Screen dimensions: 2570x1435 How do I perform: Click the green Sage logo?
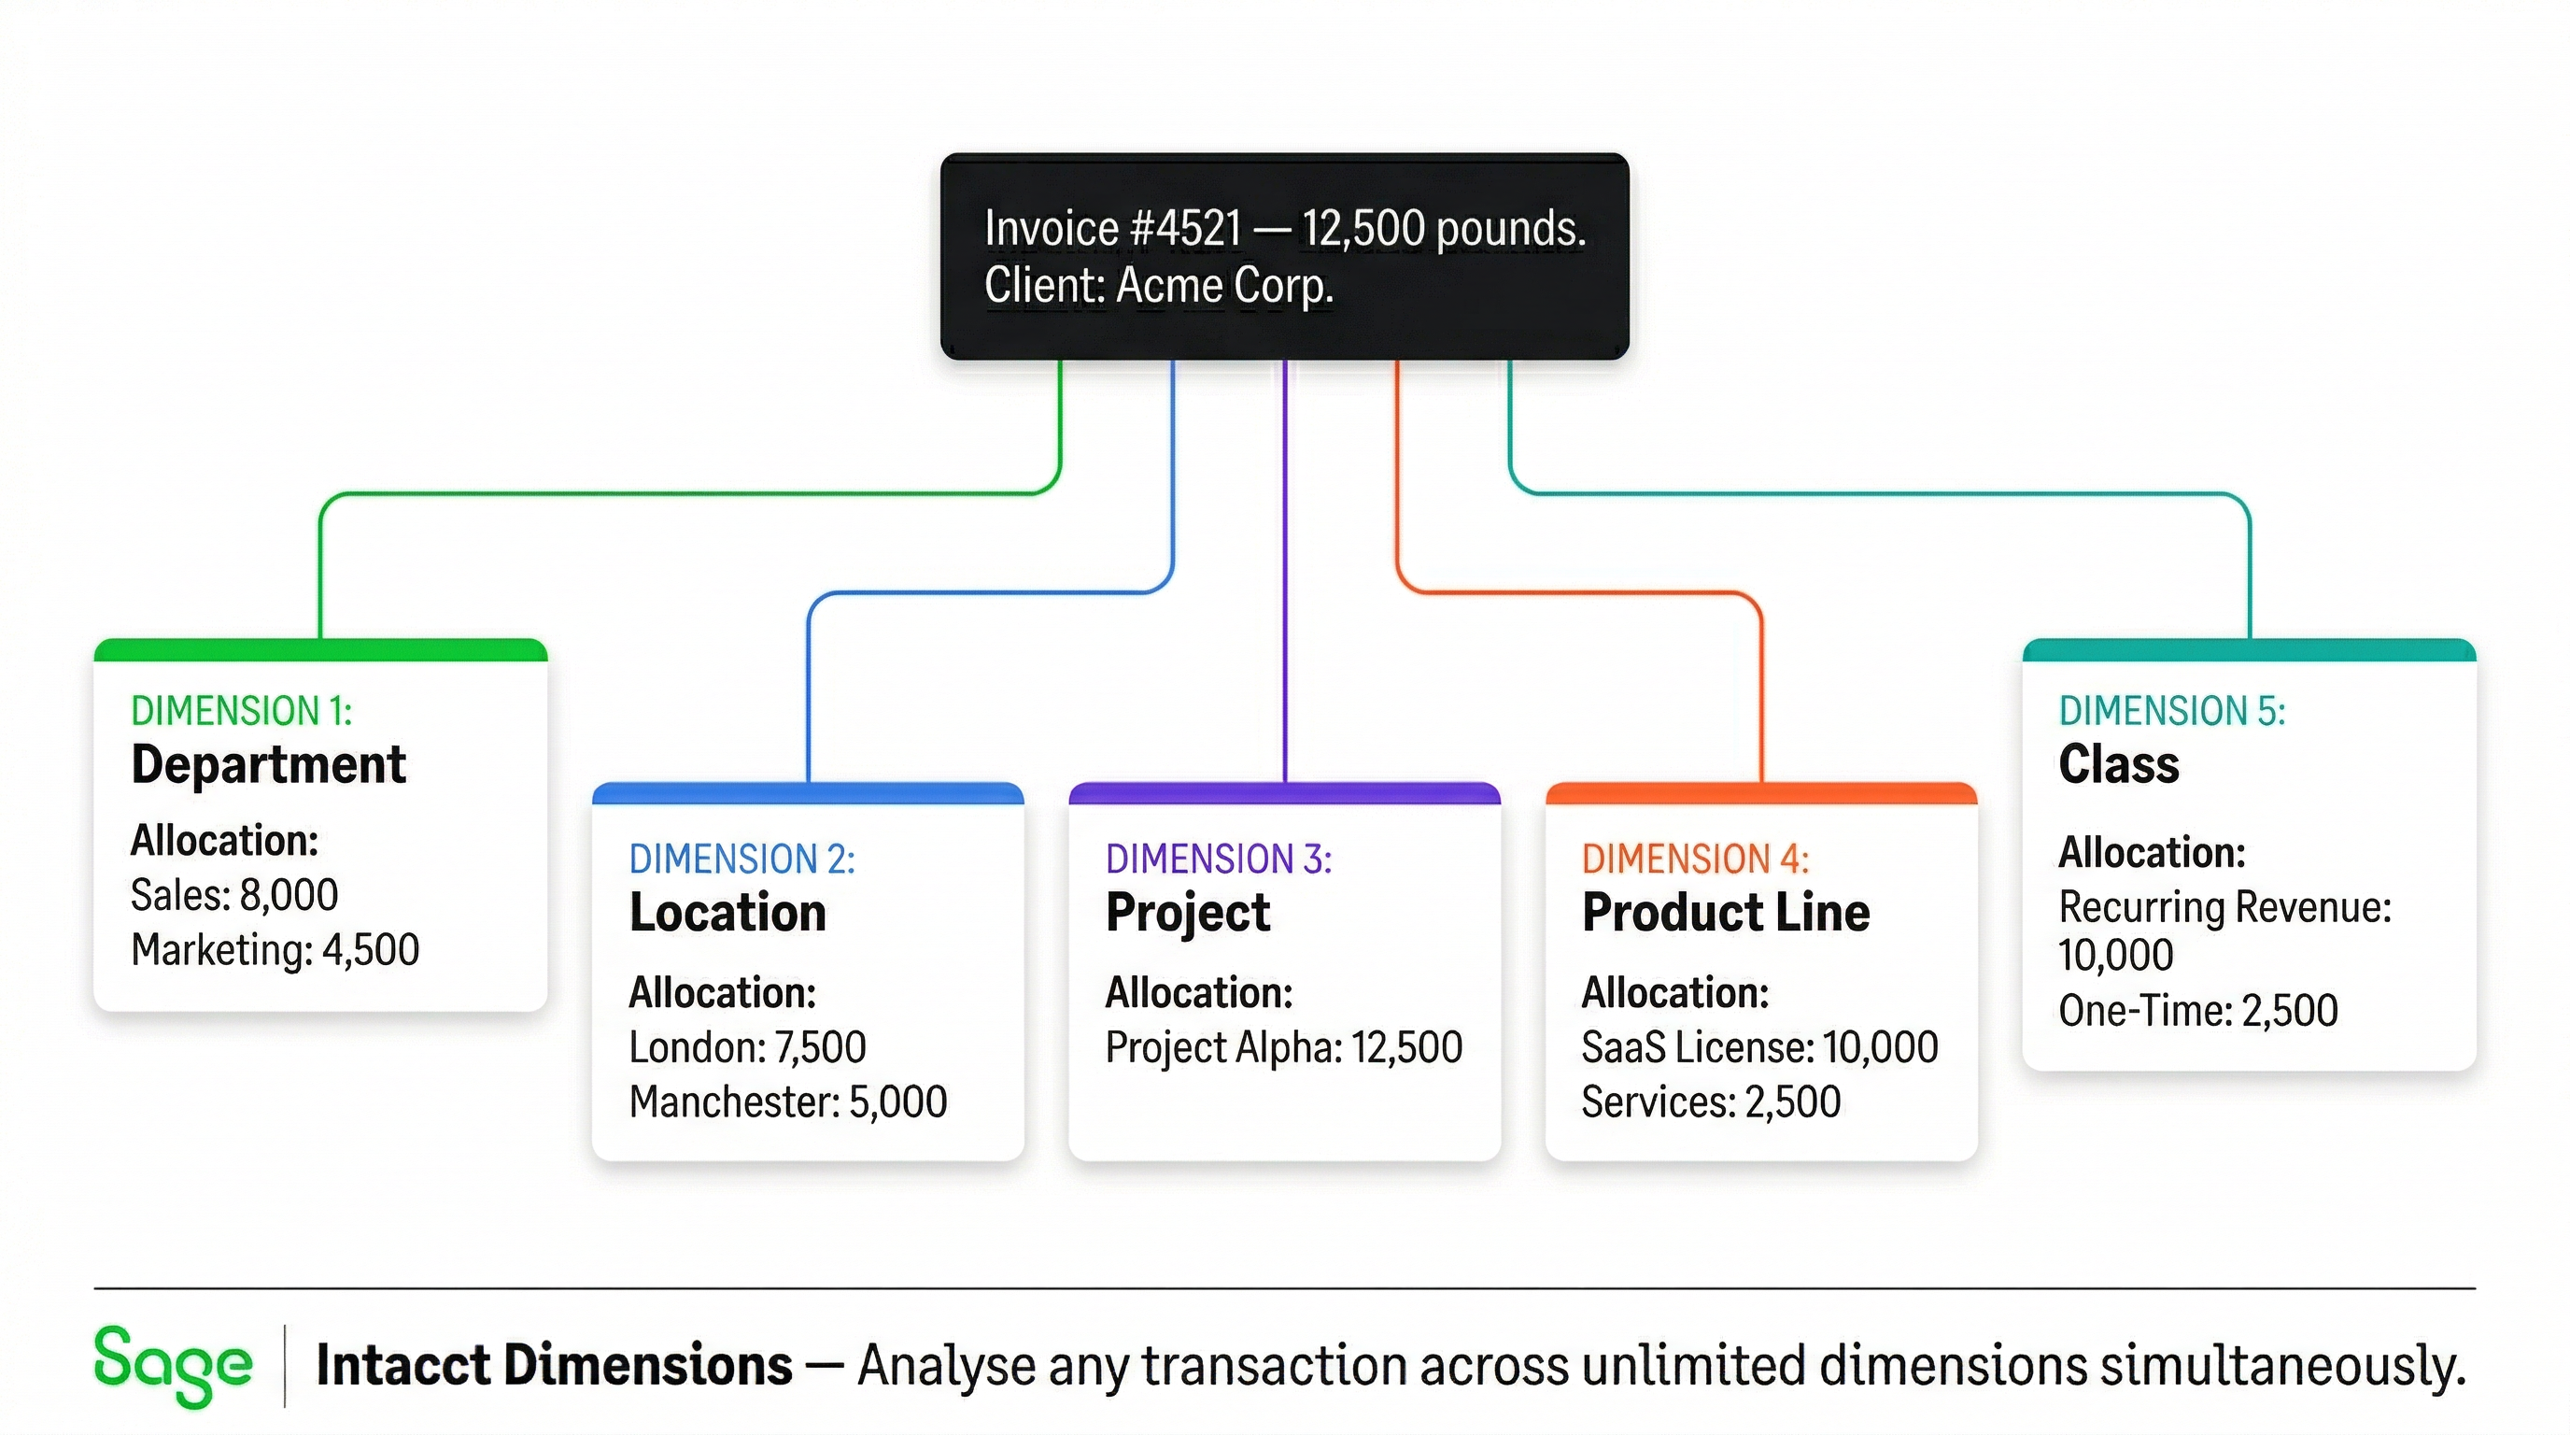172,1365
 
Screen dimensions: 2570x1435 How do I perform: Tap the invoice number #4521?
1185,229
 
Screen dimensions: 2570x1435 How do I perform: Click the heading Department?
268,765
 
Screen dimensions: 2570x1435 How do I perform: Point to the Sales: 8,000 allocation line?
234,895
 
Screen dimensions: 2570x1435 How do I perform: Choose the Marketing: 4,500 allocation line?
275,950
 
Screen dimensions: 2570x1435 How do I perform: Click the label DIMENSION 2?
741,860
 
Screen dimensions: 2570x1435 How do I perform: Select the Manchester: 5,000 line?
787,1102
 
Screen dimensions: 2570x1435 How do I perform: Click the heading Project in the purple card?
1187,913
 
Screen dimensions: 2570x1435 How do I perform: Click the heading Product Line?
1725,913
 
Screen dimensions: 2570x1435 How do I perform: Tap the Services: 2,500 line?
1710,1102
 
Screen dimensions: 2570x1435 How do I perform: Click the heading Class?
2118,765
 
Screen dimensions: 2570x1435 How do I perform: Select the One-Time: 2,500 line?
2198,1011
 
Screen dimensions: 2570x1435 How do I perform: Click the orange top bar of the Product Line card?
1761,794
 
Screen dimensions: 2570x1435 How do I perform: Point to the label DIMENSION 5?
2172,712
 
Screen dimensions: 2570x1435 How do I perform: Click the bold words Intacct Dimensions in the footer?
554,1366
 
